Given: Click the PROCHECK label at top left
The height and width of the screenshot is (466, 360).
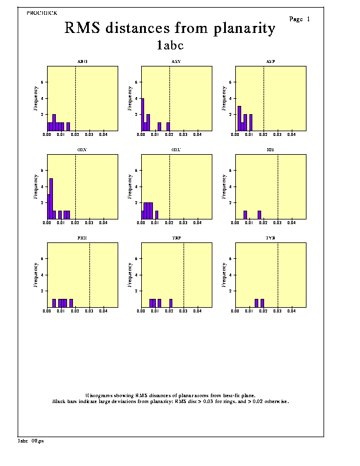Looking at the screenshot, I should (42, 12).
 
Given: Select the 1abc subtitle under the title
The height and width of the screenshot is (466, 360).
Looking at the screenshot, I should (171, 45).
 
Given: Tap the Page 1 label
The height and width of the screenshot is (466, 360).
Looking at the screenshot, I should (299, 19).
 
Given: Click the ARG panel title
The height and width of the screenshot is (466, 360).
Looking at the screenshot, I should (82, 61).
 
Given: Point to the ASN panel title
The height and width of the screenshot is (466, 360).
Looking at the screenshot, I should (176, 61).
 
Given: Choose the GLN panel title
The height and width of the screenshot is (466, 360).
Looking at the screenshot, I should (82, 149).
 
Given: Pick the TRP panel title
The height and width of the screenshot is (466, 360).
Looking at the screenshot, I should (176, 238).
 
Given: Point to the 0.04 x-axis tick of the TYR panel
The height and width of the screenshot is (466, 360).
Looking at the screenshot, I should (292, 311).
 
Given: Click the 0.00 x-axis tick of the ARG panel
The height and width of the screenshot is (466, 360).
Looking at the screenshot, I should (48, 134).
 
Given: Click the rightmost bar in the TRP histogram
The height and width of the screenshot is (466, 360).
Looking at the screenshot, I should (171, 303).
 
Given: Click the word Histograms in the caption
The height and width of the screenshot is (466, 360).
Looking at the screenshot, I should (100, 395).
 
